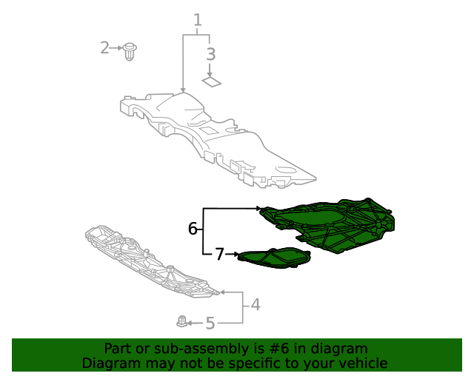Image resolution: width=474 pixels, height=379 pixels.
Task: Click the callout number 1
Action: point(198,20)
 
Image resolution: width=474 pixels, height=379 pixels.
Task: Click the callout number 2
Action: point(104,48)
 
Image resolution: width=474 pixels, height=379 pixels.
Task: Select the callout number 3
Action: point(211,54)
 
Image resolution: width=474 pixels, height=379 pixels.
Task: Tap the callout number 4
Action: point(255,304)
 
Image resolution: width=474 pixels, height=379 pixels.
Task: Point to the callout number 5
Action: point(210,323)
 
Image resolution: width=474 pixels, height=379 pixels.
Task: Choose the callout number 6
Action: point(193,229)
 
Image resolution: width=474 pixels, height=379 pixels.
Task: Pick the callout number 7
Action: point(219,255)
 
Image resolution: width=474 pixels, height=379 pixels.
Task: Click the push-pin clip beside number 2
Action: point(132,52)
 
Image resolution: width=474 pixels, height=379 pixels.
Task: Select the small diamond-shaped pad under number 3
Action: point(212,82)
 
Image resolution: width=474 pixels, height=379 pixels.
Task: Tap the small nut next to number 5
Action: point(181,322)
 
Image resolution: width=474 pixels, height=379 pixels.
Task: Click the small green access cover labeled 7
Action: point(273,258)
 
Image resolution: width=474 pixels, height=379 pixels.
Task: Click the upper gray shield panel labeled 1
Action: point(215,137)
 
